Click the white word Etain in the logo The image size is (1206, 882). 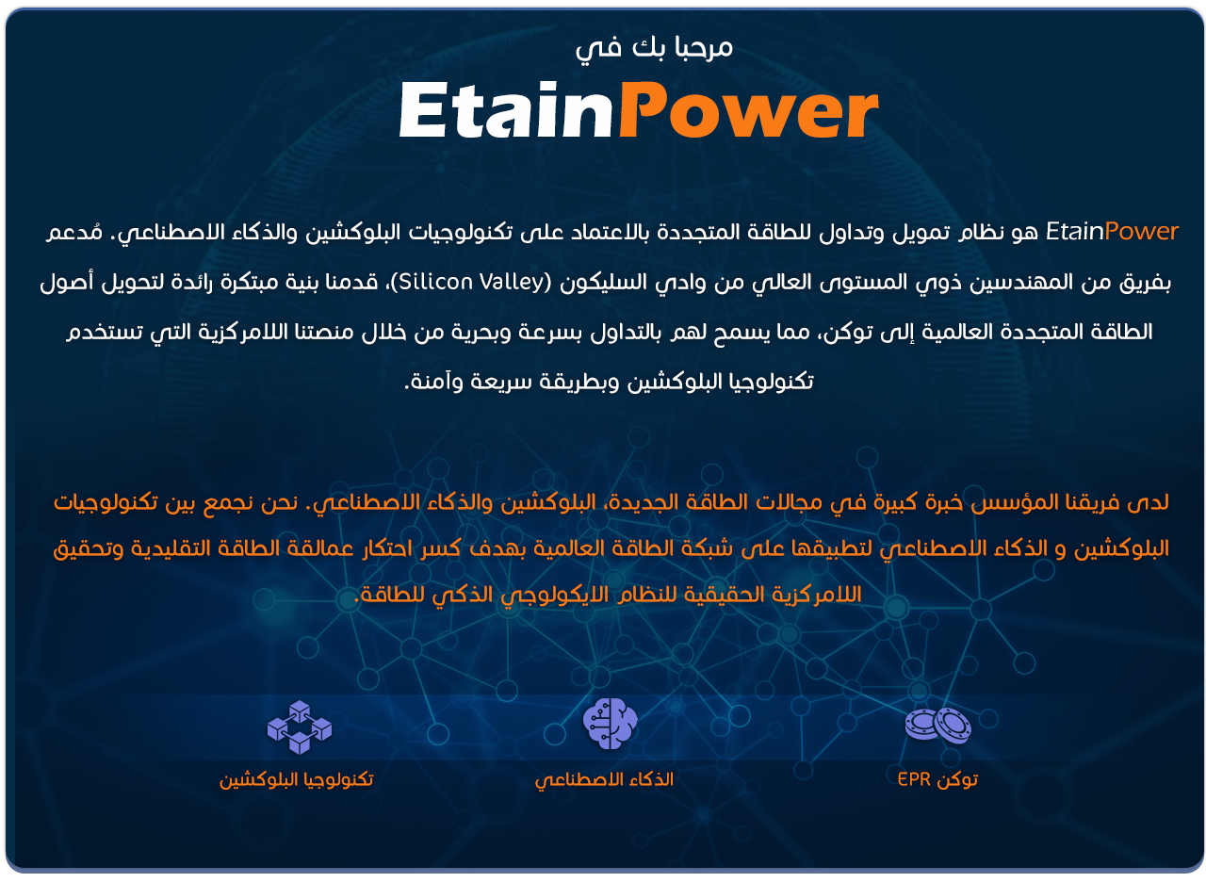(506, 110)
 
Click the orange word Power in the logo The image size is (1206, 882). (749, 110)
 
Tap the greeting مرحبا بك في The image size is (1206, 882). (654, 47)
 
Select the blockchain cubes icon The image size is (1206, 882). (300, 727)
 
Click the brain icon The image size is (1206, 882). (610, 723)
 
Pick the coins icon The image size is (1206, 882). (937, 726)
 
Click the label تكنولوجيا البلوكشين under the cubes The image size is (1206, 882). (296, 779)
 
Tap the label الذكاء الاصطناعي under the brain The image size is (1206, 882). (604, 779)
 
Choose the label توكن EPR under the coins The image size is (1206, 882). (937, 779)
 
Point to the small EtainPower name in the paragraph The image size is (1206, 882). (1112, 232)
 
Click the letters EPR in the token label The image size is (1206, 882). (914, 778)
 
